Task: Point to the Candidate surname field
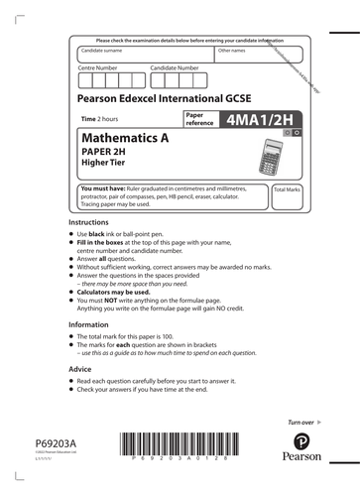tap(144, 56)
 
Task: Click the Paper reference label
tap(200, 119)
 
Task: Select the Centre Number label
tap(99, 67)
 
